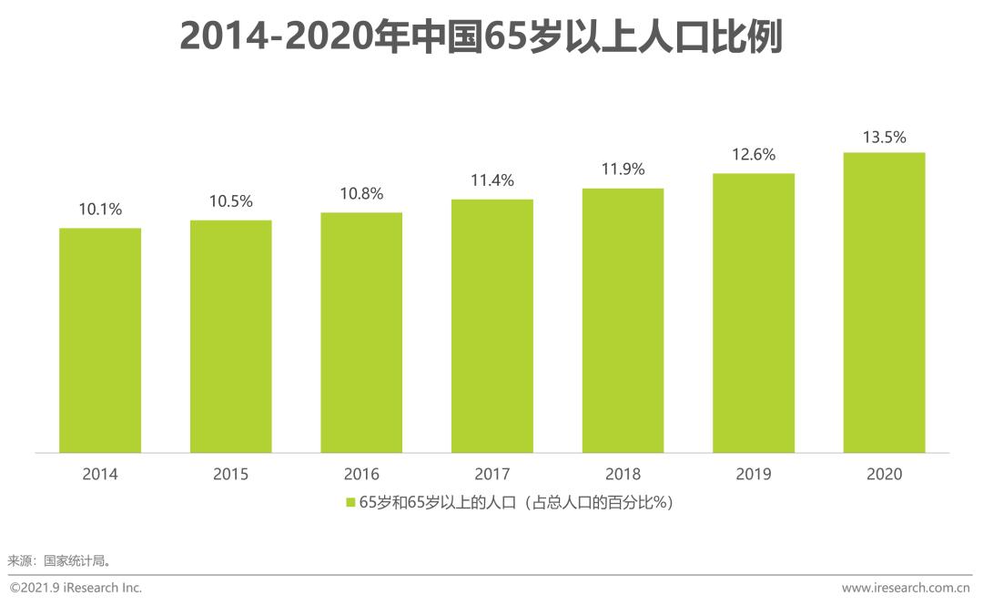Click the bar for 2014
tap(100, 340)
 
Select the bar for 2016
tap(361, 333)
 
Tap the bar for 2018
tap(623, 321)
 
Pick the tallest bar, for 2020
tap(884, 303)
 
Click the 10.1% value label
tap(100, 209)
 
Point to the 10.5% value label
tap(231, 201)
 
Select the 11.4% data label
tap(492, 180)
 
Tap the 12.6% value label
tap(754, 155)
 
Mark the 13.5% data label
tap(884, 138)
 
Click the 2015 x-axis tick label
tap(231, 474)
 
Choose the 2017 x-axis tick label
tap(492, 474)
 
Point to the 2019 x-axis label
tap(754, 474)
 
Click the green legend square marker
tap(350, 503)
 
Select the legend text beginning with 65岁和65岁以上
tap(516, 503)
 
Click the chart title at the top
tap(481, 37)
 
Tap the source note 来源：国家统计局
tap(59, 560)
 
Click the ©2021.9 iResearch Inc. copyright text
tap(76, 588)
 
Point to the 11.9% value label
tap(623, 169)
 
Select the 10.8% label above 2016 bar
tap(361, 194)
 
